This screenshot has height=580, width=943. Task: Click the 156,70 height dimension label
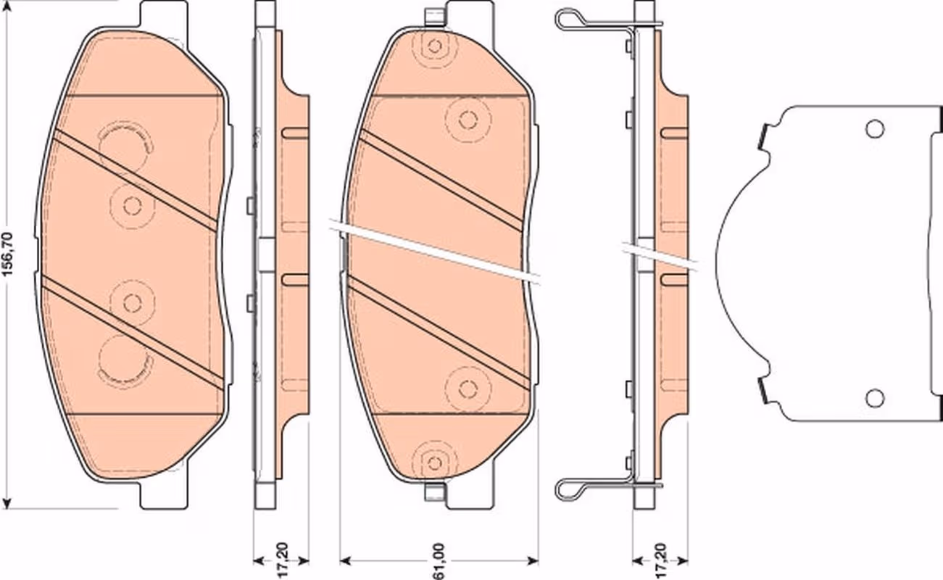coord(9,254)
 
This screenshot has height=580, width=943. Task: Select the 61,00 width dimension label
coord(439,560)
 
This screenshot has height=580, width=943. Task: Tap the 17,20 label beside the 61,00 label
coord(283,560)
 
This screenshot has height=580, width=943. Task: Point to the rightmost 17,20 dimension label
coord(661,560)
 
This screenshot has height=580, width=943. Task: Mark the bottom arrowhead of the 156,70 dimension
coord(7,502)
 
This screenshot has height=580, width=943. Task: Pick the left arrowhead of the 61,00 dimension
coord(346,560)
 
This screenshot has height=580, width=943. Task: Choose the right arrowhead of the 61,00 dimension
coord(533,560)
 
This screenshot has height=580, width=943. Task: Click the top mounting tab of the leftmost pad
coord(164,14)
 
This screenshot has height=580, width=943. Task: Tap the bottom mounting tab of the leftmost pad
coord(164,495)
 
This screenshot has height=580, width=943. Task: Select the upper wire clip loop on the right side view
coord(571,20)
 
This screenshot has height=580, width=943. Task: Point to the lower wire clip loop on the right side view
coord(571,490)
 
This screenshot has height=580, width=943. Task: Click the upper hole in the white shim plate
coord(875,129)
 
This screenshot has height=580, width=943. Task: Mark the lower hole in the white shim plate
coord(875,397)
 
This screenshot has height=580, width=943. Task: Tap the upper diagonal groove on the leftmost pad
coord(136,181)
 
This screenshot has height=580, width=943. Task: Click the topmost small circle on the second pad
coord(435,46)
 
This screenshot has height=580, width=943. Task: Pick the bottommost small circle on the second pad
coord(435,463)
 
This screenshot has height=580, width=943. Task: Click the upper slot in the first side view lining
coord(295,133)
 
